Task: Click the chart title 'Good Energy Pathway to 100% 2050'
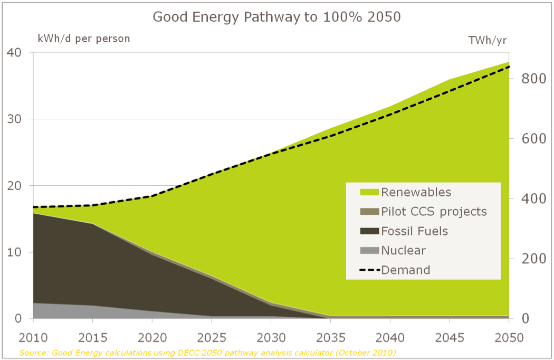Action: click(x=276, y=17)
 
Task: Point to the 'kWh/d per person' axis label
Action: click(x=83, y=39)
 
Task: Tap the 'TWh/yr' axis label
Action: click(x=488, y=40)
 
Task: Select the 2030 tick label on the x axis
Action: click(x=271, y=338)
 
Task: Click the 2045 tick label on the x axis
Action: click(x=450, y=338)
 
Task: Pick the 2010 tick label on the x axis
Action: click(x=33, y=338)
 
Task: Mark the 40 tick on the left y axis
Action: click(x=14, y=52)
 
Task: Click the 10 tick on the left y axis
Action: click(x=14, y=252)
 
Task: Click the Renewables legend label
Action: click(x=416, y=192)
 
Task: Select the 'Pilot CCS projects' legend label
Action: click(x=434, y=212)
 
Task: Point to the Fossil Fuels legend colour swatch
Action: click(x=369, y=231)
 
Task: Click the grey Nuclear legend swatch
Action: click(x=369, y=251)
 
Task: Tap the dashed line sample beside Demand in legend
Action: click(x=369, y=270)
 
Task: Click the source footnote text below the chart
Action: click(x=207, y=352)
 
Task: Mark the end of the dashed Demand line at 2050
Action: click(x=509, y=67)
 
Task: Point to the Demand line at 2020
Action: click(x=152, y=196)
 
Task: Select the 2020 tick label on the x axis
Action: click(x=152, y=338)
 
